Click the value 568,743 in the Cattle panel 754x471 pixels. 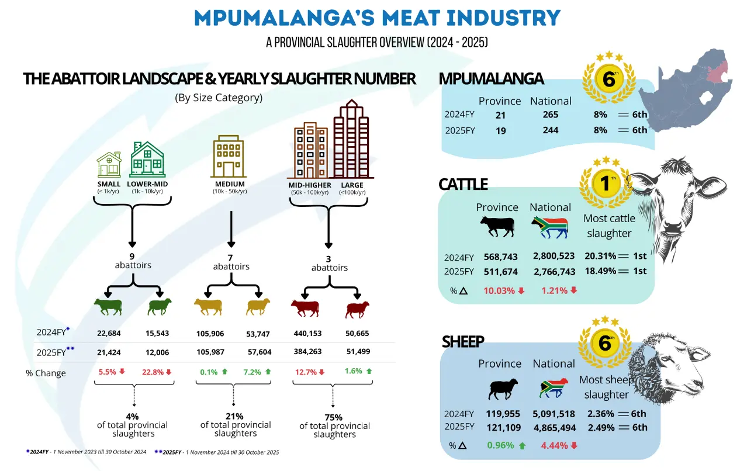500,257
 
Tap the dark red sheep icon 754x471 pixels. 356,310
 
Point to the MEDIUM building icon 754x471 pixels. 230,156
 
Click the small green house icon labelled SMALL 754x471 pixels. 109,164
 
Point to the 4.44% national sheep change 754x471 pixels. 555,445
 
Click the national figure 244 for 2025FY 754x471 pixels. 550,130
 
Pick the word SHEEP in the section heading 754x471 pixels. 462,341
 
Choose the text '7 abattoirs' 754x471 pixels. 231,262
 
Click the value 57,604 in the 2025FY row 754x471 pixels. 259,352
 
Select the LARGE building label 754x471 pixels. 353,185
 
